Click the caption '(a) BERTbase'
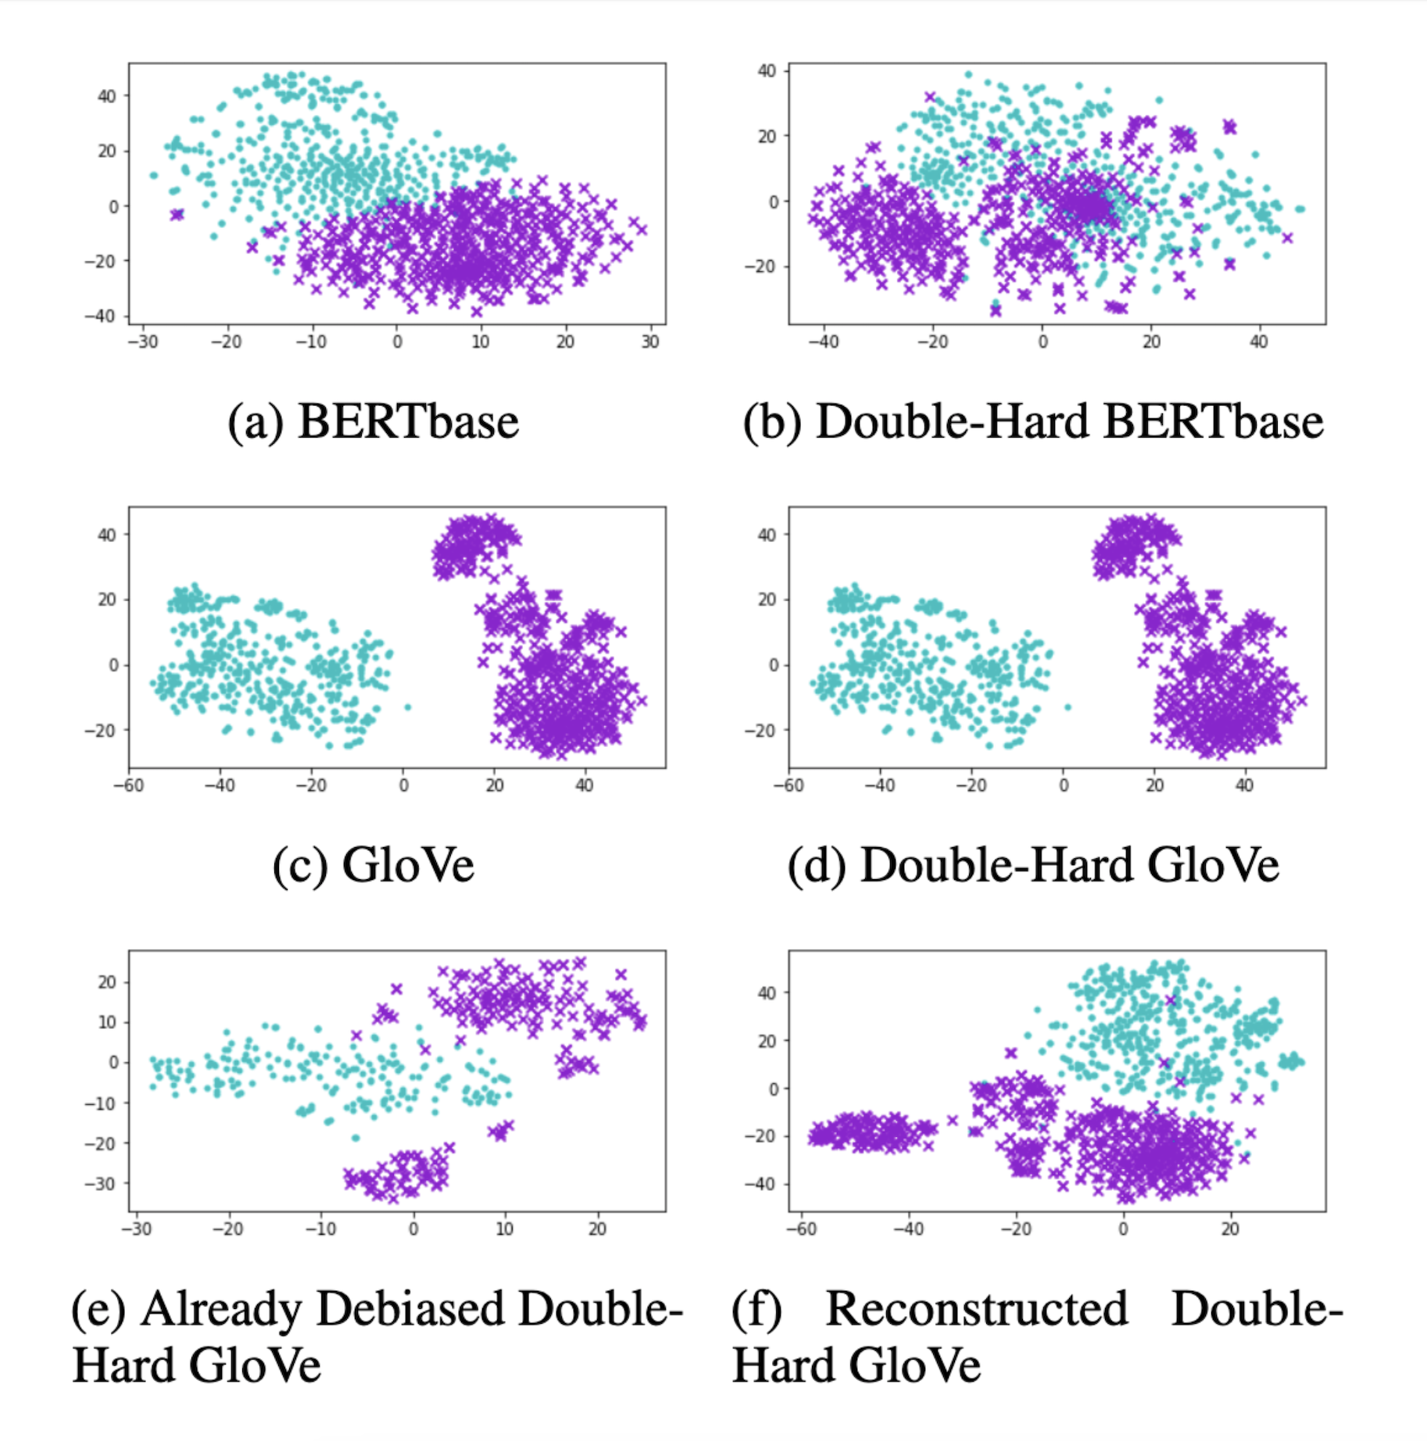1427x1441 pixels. pos(373,422)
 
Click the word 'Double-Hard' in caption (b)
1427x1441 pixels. pos(953,422)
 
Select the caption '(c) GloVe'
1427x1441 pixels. pos(373,865)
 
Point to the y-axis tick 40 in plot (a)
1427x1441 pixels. pos(106,96)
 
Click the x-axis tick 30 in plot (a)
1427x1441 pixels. pos(649,341)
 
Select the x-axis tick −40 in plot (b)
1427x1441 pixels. pos(823,341)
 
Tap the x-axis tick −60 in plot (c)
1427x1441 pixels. pos(129,785)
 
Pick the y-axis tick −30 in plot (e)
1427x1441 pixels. pos(102,1183)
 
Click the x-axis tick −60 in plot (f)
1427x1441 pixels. pos(800,1229)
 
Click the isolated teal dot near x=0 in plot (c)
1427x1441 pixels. pos(407,707)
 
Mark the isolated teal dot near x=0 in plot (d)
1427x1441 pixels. pos(1068,707)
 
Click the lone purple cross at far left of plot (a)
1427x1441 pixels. pos(177,213)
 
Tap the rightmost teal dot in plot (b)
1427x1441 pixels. pos(1300,209)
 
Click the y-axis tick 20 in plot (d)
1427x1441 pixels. pos(767,599)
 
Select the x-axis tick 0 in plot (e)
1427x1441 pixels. pos(413,1229)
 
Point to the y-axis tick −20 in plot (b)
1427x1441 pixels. pos(761,266)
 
